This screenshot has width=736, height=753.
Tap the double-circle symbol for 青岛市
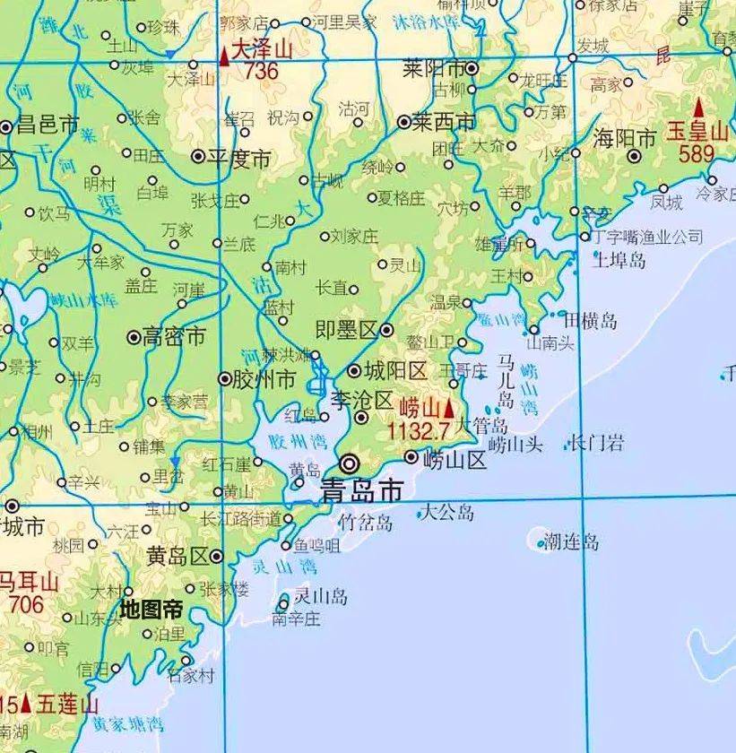click(350, 463)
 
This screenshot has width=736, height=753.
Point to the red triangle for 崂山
click(449, 408)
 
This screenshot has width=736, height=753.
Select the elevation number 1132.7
click(418, 431)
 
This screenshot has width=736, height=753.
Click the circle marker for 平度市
click(198, 156)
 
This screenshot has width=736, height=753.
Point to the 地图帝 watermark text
click(152, 610)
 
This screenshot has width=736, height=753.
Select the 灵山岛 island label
click(321, 596)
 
